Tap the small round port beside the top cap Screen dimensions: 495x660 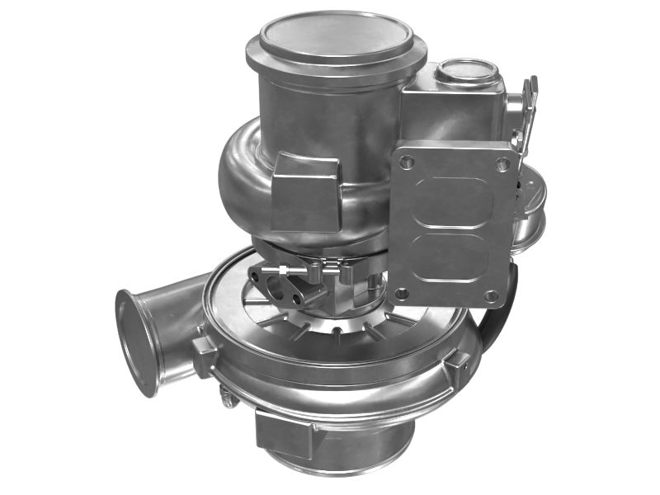(x=466, y=73)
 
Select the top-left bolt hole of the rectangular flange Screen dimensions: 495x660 (x=406, y=163)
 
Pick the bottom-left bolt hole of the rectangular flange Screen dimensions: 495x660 (x=401, y=293)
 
